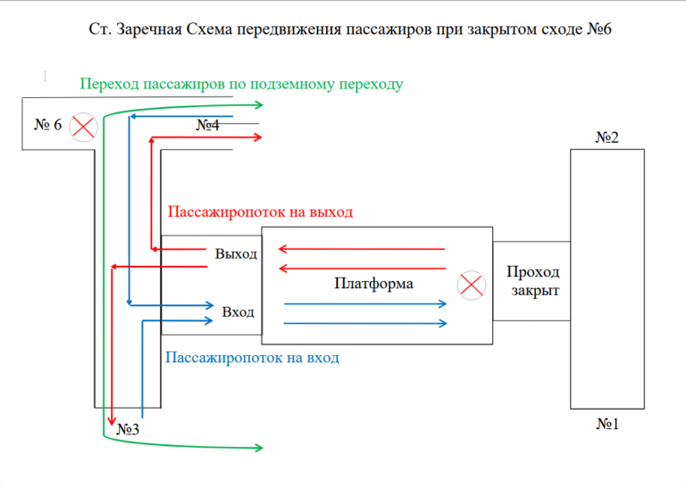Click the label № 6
(48, 125)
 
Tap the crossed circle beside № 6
(84, 126)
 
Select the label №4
(207, 126)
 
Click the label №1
(607, 424)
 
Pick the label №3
(128, 430)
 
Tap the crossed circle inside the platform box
(469, 285)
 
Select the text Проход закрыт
(533, 281)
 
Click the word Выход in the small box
(236, 253)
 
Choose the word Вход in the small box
(238, 312)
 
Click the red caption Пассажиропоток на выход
(261, 212)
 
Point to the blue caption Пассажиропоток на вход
(253, 358)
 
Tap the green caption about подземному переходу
(242, 85)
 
